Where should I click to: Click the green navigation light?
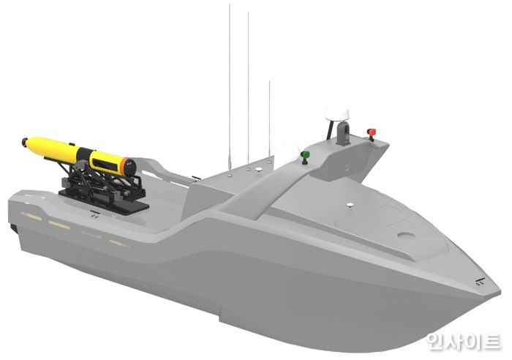[x=305, y=156]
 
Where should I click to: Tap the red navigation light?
[x=372, y=133]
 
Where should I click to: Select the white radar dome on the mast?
[x=338, y=113]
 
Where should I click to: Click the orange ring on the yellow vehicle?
[x=124, y=165]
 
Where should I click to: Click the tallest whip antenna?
[x=230, y=89]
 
